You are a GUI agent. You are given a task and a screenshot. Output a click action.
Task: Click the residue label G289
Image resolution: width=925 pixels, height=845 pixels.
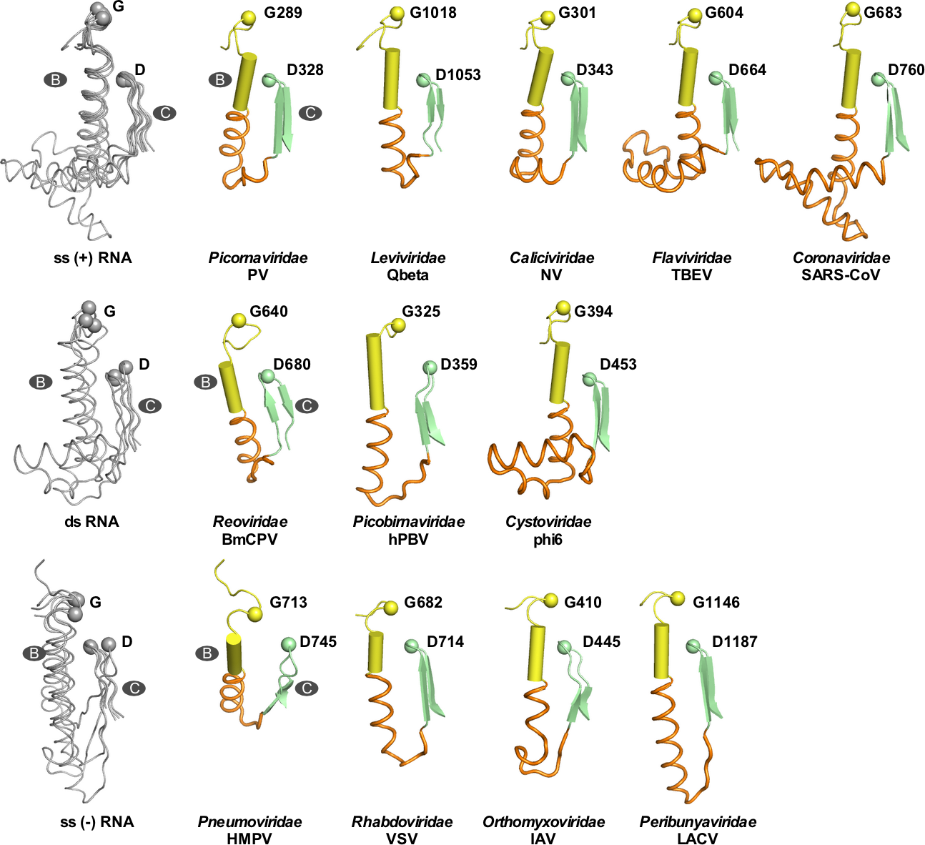coord(283,13)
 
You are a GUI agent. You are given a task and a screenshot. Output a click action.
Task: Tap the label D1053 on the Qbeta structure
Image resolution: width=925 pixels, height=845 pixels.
coord(457,75)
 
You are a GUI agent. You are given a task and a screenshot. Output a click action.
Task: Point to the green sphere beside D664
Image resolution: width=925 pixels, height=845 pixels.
coord(715,77)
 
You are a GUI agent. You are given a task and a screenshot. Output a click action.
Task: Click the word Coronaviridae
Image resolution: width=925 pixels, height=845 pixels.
coord(841,257)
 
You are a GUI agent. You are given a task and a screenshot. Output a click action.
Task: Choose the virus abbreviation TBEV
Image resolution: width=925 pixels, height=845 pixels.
coord(691,275)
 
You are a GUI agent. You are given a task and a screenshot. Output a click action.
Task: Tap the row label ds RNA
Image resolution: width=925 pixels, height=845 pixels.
coord(91,521)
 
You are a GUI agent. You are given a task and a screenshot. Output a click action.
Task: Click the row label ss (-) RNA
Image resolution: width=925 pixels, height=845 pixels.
coord(97,821)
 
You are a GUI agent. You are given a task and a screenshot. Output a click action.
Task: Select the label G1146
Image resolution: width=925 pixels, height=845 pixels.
coord(716,602)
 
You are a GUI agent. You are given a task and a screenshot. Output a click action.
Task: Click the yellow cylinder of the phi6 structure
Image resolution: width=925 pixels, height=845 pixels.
coord(560,372)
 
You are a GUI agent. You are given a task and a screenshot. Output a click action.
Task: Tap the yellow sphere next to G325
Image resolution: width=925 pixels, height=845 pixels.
coord(398,326)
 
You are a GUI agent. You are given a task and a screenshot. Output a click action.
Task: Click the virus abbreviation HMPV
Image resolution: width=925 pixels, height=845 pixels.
coord(249,839)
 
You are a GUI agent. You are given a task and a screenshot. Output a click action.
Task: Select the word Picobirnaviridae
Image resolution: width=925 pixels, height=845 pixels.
coord(408,522)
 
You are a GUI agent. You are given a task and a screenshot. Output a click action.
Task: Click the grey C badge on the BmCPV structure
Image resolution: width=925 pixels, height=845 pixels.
coord(307,405)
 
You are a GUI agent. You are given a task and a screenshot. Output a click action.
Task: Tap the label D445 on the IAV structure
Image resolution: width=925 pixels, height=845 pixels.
coord(601,641)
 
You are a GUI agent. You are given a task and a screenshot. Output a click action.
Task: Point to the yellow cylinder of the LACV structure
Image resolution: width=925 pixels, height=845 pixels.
coord(663,651)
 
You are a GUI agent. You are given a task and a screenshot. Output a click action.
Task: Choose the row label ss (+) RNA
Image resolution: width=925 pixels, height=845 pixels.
coord(93,257)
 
